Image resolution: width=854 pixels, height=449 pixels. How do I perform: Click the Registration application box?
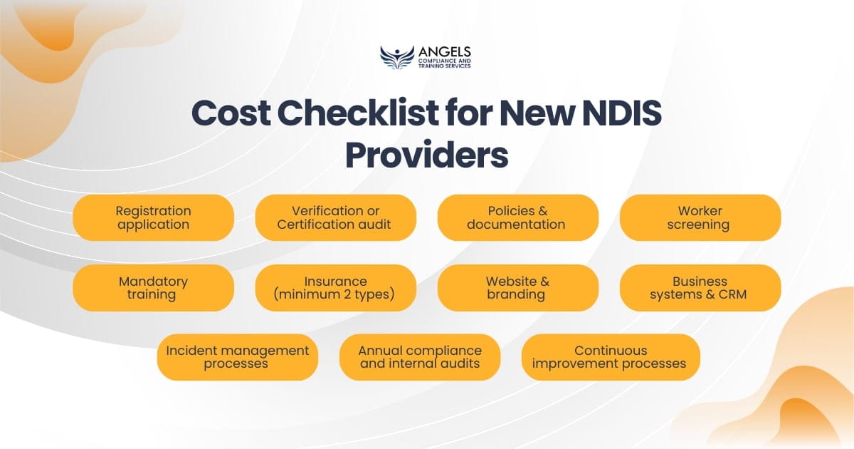[x=153, y=217]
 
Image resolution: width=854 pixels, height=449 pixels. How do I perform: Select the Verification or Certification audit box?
[x=335, y=217]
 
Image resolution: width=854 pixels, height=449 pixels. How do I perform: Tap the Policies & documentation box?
[x=517, y=217]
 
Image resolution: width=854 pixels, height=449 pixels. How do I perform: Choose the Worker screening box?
[x=700, y=217]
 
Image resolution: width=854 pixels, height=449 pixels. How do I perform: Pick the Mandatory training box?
[x=153, y=287]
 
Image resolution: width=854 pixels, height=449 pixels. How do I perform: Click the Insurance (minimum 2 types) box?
[x=335, y=287]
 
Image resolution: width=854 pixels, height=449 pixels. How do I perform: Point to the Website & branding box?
[x=517, y=287]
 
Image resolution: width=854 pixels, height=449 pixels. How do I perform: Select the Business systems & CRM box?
[x=700, y=287]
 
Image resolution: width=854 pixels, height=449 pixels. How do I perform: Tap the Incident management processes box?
[x=237, y=357]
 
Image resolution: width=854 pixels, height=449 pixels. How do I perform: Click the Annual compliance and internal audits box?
[x=419, y=357]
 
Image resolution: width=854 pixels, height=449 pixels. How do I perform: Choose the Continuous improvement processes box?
[x=611, y=357]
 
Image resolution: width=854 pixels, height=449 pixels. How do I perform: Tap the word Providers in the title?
[x=426, y=156]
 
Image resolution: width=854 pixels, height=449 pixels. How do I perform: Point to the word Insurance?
[x=335, y=281]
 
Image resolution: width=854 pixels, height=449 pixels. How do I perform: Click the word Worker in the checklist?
[x=700, y=211]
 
